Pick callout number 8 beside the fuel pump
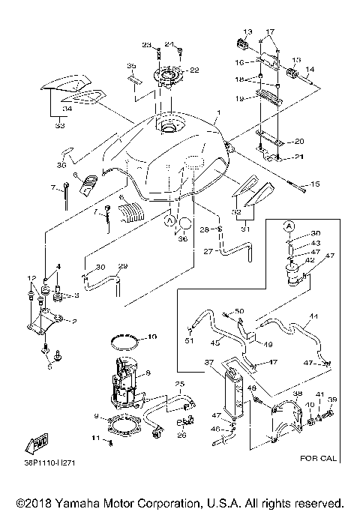(148, 373)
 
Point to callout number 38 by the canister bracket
(298, 393)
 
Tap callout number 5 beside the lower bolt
(49, 367)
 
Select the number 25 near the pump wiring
(180, 384)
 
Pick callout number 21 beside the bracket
(278, 156)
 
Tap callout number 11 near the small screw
(95, 437)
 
